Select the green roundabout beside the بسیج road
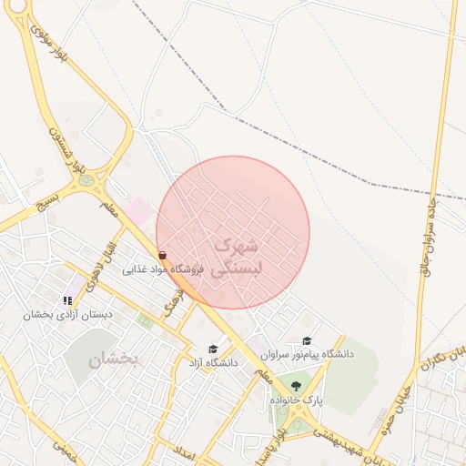pyautogui.click(x=87, y=180)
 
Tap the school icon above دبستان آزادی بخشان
pyautogui.click(x=68, y=299)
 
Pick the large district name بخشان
pyautogui.click(x=113, y=360)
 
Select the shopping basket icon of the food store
pyautogui.click(x=162, y=256)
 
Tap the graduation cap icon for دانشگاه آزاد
pyautogui.click(x=213, y=349)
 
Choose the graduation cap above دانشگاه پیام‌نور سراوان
pyautogui.click(x=307, y=339)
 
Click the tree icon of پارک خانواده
pyautogui.click(x=293, y=386)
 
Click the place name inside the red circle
pyautogui.click(x=235, y=257)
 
